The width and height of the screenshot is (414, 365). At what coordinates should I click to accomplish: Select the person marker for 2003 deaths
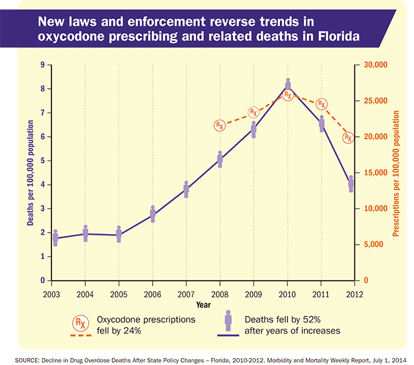coord(56,238)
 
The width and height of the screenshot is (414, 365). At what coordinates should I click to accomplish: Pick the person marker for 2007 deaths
coord(186,189)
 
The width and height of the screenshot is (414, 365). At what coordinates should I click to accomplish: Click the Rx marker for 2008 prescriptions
coord(219,126)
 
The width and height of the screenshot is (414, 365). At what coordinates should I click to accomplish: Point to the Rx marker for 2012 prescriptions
coord(348,137)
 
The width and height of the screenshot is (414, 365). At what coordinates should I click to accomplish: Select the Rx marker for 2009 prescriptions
coord(253,112)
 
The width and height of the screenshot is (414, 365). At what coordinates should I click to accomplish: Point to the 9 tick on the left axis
coord(43,65)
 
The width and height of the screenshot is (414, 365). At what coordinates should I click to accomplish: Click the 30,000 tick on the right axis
coord(374,65)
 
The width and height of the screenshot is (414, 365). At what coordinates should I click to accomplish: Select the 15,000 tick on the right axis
coord(374,172)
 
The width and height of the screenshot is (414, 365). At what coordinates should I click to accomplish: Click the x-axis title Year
coord(204,305)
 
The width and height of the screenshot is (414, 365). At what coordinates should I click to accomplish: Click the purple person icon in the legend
coord(228,323)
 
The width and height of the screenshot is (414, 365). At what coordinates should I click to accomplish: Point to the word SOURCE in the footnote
coord(18,359)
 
